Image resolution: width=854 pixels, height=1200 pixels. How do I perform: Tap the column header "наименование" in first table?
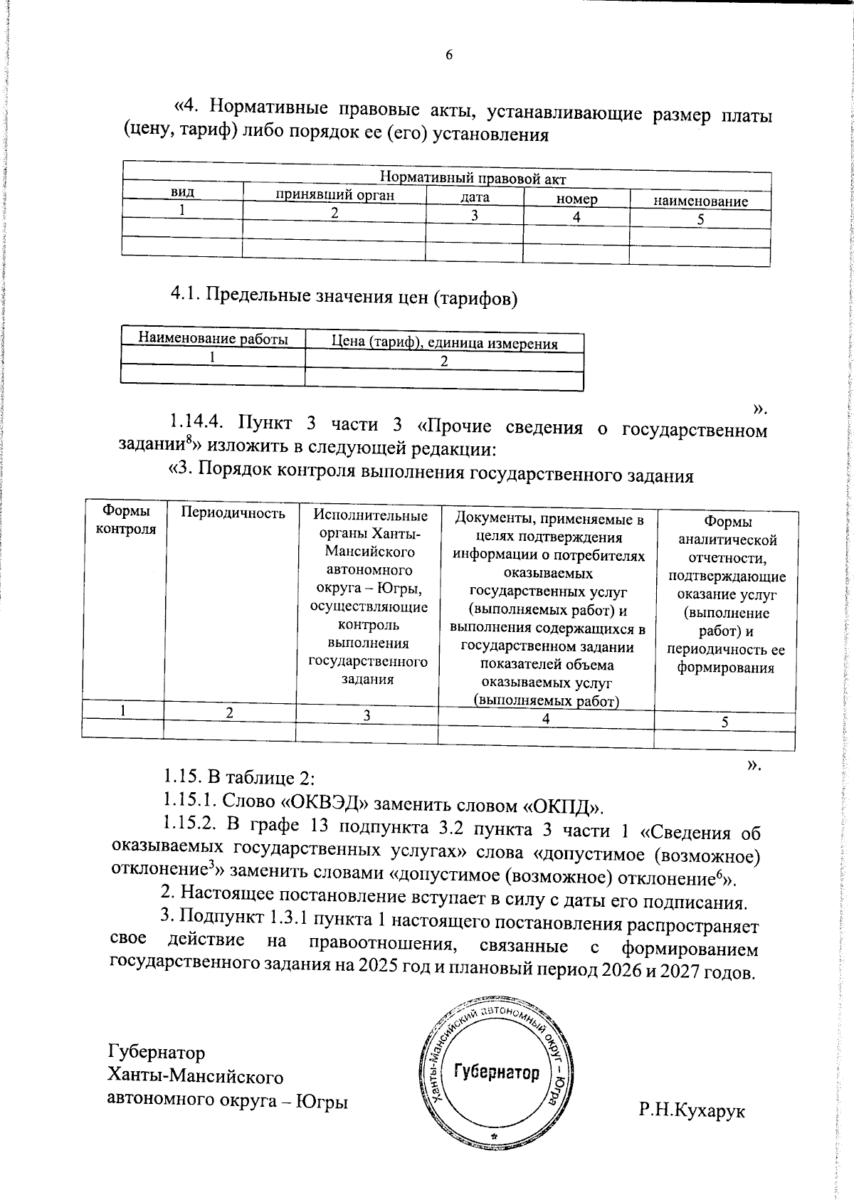point(700,201)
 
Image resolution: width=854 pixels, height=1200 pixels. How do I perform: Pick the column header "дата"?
point(474,198)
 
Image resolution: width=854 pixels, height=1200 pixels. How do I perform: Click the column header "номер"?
point(576,200)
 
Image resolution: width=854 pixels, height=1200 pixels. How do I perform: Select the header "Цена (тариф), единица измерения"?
point(445,343)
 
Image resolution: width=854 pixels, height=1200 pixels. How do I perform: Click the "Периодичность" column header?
point(233,513)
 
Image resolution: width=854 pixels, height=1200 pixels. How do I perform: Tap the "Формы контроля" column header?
point(126,520)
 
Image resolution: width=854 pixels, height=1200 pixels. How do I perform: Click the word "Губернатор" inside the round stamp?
point(497,1072)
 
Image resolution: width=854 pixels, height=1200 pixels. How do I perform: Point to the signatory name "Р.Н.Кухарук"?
point(692,1110)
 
